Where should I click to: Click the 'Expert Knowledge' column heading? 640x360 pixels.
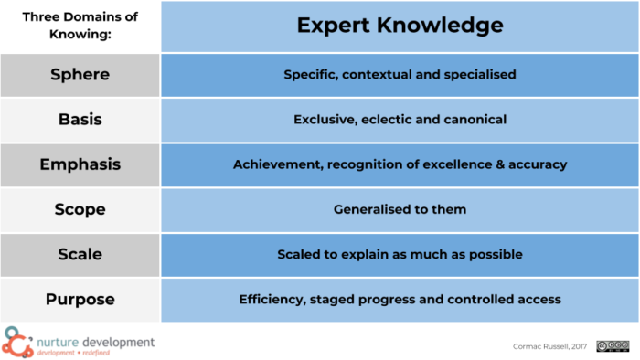[400, 26]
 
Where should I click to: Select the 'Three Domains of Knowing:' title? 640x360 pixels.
[80, 26]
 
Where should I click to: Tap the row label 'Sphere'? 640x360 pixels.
[80, 75]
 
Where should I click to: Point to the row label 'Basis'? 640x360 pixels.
[80, 120]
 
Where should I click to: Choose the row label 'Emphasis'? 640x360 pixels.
[80, 164]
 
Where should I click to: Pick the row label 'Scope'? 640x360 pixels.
[80, 209]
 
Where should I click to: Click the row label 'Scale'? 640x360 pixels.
[80, 254]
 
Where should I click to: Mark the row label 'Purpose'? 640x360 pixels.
[80, 299]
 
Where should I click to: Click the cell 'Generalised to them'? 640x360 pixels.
[400, 209]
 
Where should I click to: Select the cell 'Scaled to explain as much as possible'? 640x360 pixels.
[400, 254]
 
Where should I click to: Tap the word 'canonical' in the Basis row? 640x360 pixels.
[473, 120]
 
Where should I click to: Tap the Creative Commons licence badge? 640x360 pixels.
[613, 345]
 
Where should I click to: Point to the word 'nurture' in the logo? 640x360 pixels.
[62, 341]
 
